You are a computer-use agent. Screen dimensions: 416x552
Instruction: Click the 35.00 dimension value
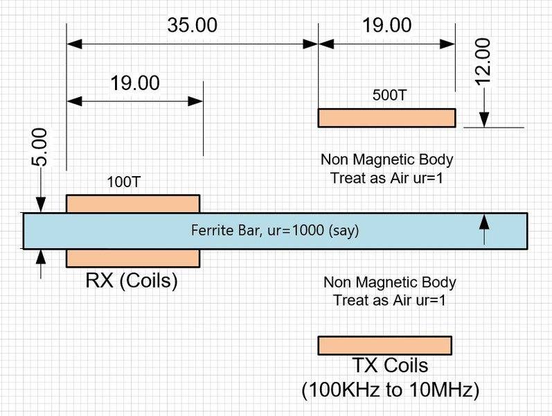coord(192,26)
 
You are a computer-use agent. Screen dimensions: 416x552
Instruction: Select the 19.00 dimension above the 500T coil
coord(386,26)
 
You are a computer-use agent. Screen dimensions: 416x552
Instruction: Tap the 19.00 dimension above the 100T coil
coord(134,83)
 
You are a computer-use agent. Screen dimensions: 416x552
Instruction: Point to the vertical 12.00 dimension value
coord(483,61)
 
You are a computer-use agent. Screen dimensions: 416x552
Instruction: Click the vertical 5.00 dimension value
coord(40,147)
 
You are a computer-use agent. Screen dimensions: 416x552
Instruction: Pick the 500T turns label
coord(389,96)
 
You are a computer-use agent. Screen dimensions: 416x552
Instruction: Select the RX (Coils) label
coord(132,281)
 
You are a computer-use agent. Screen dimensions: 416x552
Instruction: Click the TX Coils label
coord(389,365)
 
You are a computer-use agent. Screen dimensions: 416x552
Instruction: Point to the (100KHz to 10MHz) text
coord(391,390)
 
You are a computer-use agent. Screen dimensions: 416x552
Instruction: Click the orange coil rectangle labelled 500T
coord(386,118)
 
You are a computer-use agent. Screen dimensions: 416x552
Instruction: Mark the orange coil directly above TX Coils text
coord(384,345)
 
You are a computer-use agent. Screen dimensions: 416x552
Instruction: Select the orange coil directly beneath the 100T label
coord(132,204)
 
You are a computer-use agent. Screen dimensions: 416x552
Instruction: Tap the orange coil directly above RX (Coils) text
coord(132,258)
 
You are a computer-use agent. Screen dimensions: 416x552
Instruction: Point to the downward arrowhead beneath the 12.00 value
coord(483,119)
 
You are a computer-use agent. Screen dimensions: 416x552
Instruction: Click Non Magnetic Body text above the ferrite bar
coord(386,159)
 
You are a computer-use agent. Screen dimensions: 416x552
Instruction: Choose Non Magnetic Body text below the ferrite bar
coord(389,282)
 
